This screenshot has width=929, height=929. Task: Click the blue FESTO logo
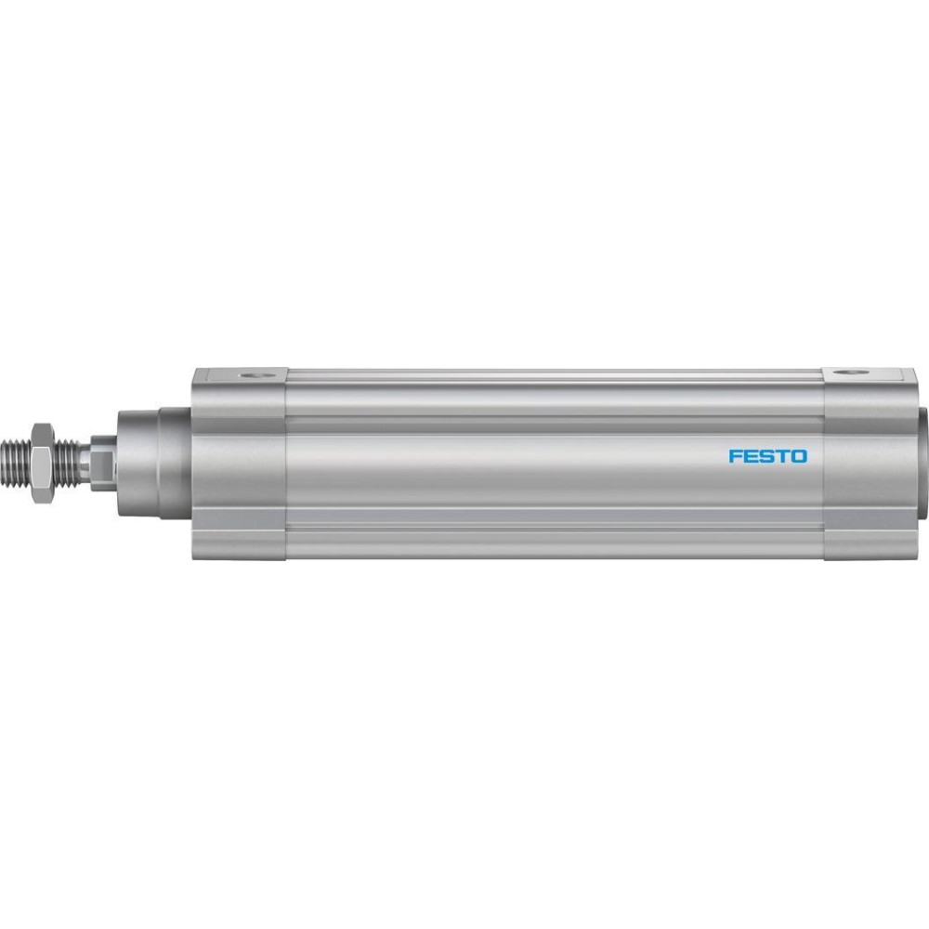coord(767,456)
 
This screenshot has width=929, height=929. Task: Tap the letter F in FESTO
coord(735,456)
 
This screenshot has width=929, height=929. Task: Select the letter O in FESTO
coord(799,456)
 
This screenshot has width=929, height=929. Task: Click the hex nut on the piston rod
coord(42,464)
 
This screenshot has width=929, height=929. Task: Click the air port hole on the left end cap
coord(255,375)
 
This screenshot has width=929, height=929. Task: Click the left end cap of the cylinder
coord(240,464)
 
